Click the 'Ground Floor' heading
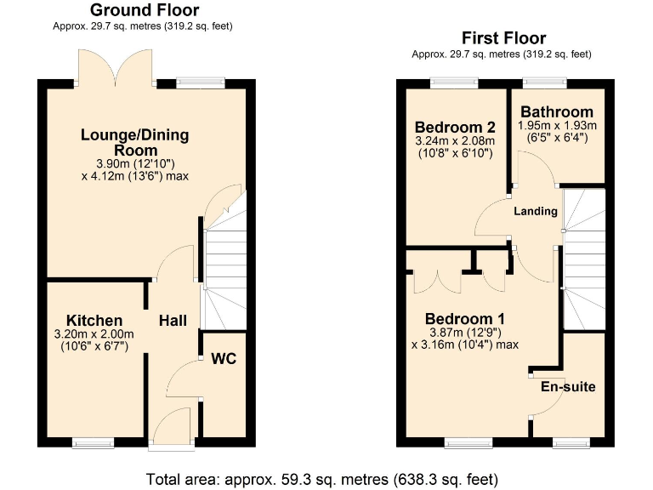(x=145, y=11)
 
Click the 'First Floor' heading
(x=503, y=38)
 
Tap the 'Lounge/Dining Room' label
(x=134, y=142)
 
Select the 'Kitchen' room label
(x=89, y=321)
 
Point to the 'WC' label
(x=224, y=359)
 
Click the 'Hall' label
(x=173, y=321)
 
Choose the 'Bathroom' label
(x=557, y=112)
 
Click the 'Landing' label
(x=536, y=211)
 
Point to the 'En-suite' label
(x=568, y=387)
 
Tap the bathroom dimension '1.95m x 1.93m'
(x=557, y=125)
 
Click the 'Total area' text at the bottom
(x=322, y=477)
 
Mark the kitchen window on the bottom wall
(x=93, y=442)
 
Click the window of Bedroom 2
(x=453, y=83)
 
